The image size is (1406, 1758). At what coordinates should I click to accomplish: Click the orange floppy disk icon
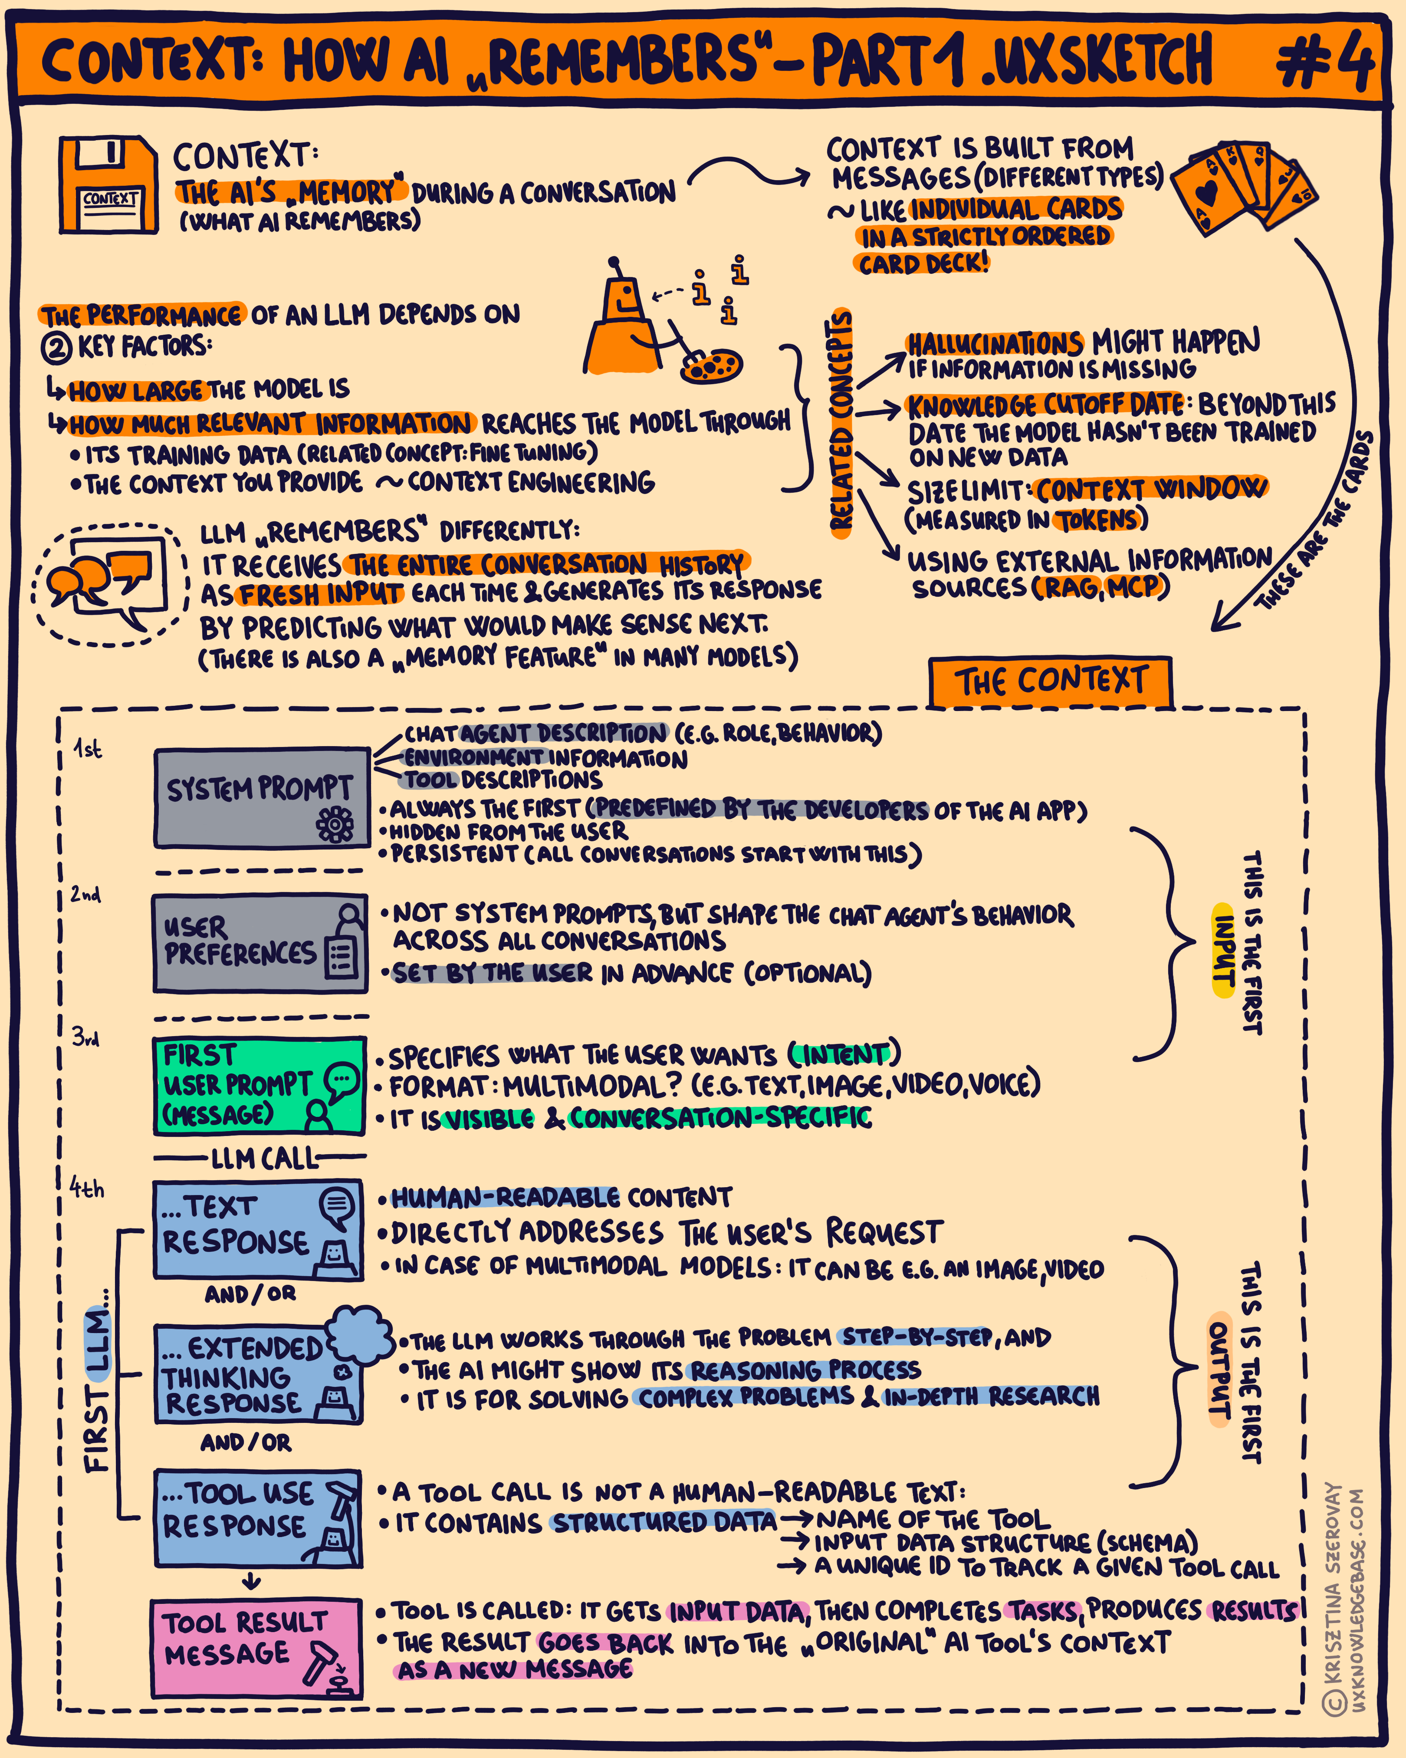pos(108,185)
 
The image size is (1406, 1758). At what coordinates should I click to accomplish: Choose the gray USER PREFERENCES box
pos(259,943)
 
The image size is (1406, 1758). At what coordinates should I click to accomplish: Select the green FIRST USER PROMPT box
pos(259,1085)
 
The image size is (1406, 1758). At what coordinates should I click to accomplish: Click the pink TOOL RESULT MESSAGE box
pos(256,1647)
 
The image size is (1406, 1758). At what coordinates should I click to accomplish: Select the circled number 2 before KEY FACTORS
pos(56,348)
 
